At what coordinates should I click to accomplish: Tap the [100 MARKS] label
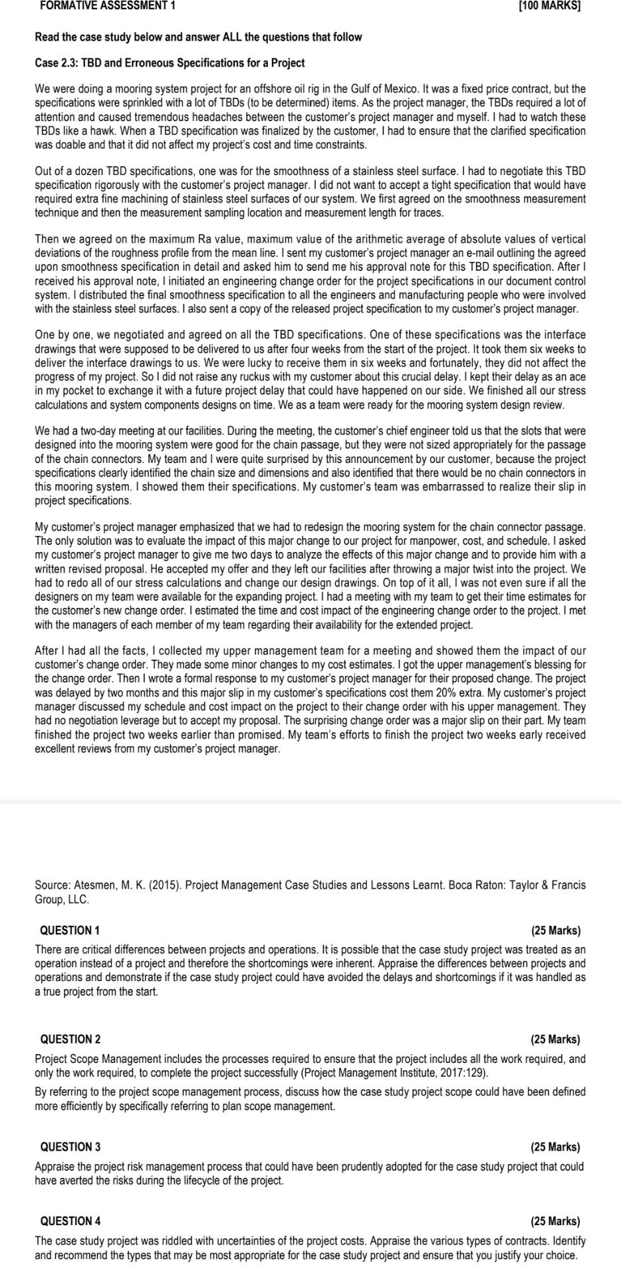coord(553,5)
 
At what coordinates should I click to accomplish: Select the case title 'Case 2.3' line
coord(170,63)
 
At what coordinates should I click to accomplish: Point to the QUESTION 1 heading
coord(70,930)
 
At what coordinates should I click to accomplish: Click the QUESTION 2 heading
coord(70,1039)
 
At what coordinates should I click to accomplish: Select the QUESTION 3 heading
coord(70,1147)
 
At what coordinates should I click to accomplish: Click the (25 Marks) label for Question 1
coord(555,930)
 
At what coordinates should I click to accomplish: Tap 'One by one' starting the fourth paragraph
coord(60,335)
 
